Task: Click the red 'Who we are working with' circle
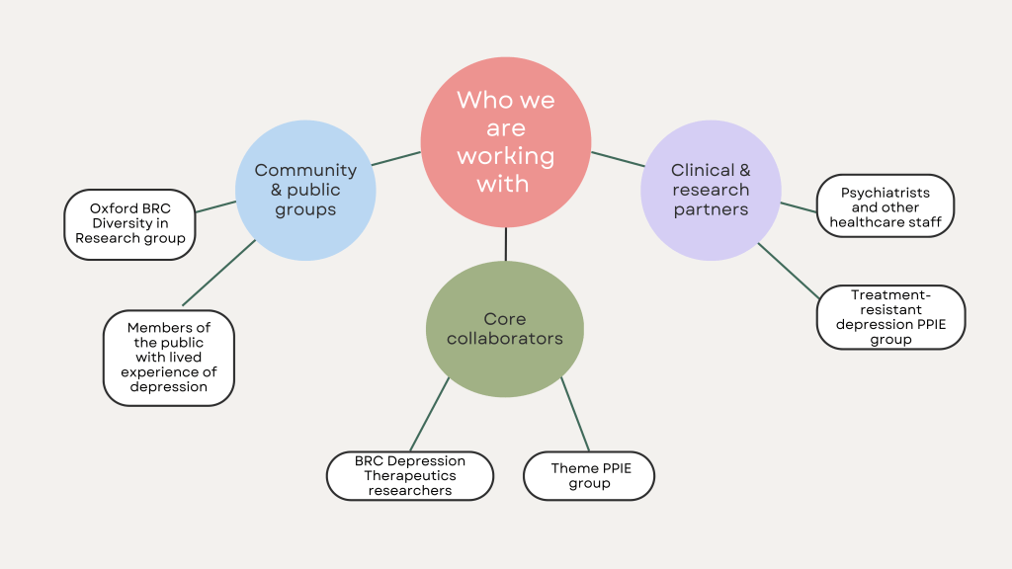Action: click(x=506, y=141)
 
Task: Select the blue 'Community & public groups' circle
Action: click(x=304, y=190)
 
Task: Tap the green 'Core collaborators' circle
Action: click(x=504, y=329)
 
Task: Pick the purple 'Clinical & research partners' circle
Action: click(x=711, y=190)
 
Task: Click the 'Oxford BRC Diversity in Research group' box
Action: click(x=130, y=224)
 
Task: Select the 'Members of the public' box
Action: click(x=169, y=358)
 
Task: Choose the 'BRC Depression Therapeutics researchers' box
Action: click(x=409, y=476)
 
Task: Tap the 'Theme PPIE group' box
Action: click(x=589, y=476)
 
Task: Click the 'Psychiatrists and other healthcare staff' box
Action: click(x=886, y=206)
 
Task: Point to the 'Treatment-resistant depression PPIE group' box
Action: click(x=890, y=317)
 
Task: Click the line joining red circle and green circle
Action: click(x=506, y=244)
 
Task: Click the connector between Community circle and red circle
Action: click(x=395, y=158)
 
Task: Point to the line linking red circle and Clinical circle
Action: click(x=618, y=159)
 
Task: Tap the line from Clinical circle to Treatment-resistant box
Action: click(x=789, y=269)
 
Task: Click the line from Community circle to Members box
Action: click(x=219, y=273)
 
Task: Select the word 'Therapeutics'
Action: click(x=409, y=476)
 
